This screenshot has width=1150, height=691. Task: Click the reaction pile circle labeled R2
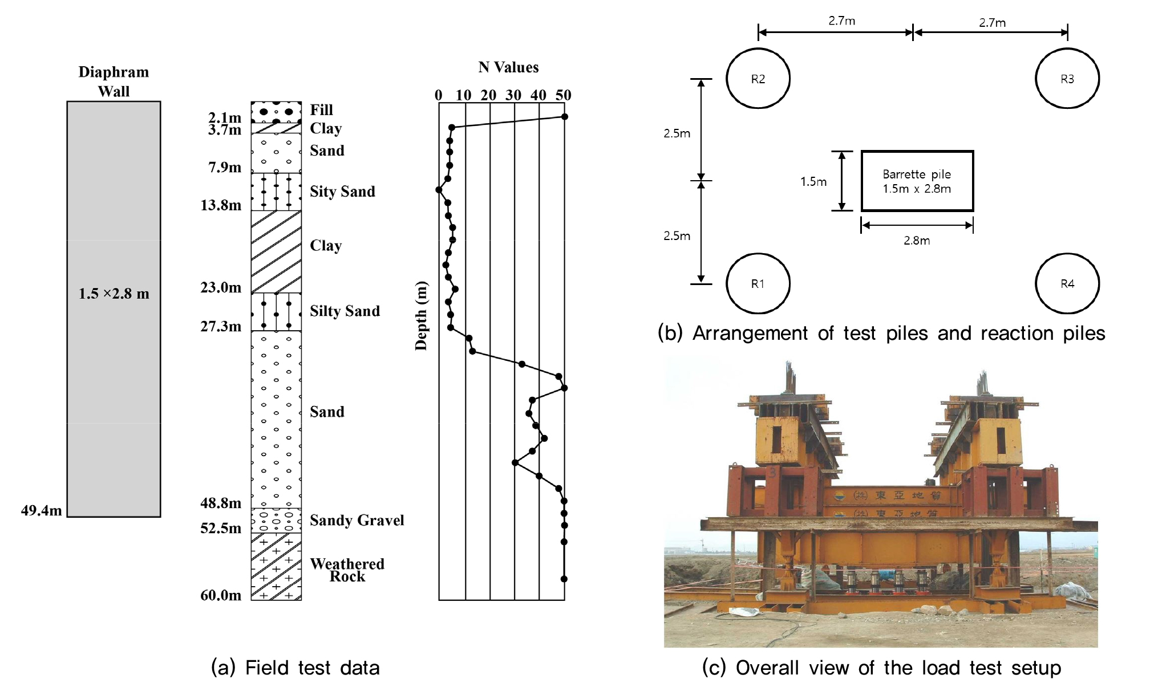coord(758,79)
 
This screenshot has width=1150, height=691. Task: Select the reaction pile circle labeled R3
coord(1067,79)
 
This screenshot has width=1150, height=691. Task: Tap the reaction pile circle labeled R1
coord(758,283)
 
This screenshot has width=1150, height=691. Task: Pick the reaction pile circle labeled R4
coord(1067,283)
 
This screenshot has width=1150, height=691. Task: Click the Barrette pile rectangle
coord(917,181)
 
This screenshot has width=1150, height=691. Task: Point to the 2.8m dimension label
coord(916,241)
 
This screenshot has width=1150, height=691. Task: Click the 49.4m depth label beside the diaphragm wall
coord(41,510)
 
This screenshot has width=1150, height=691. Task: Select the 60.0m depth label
coord(221,595)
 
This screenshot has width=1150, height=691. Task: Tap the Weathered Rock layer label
coord(347,570)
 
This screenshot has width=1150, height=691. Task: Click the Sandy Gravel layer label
coord(357,520)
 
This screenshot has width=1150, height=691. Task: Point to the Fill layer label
coord(321,109)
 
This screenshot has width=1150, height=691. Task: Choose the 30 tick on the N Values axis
coord(513,95)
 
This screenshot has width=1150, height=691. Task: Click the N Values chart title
coord(508,67)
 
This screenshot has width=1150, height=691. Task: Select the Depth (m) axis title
coord(421,316)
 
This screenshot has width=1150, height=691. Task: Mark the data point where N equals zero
coord(439,190)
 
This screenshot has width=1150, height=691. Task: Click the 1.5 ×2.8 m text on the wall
coord(114,294)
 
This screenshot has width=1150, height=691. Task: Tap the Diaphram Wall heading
coord(114,82)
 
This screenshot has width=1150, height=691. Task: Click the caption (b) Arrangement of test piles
coord(881,333)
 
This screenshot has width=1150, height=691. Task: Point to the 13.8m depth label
coord(221,205)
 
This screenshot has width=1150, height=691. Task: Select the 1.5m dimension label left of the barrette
coord(813,182)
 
